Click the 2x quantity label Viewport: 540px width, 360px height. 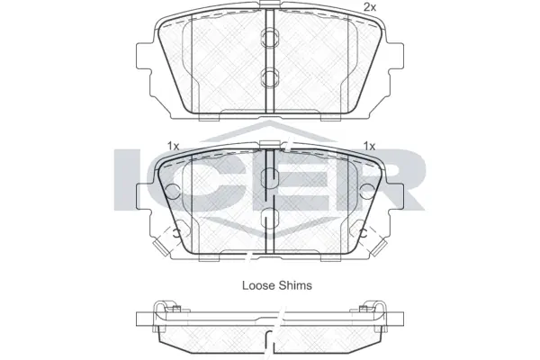(368, 7)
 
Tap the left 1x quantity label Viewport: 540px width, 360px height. (174, 146)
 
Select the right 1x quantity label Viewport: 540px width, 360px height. (368, 146)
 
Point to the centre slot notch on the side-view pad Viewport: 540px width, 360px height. (270, 342)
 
